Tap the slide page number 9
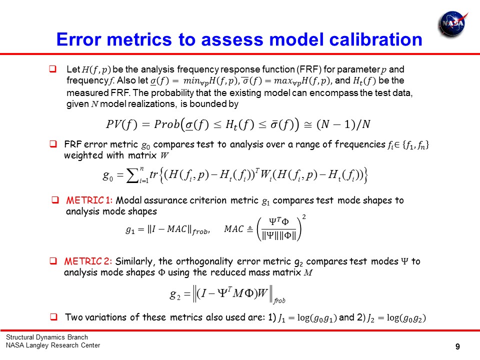point(457,346)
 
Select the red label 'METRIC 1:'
point(89,200)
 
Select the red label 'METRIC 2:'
point(88,261)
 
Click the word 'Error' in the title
point(78,39)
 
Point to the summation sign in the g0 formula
point(132,176)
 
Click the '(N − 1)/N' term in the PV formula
point(343,124)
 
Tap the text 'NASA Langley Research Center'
point(53,345)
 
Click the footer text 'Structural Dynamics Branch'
point(47,337)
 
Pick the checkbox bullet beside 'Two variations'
point(53,316)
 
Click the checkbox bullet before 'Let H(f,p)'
point(52,68)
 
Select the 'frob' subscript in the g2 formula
point(279,300)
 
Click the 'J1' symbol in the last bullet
point(281,318)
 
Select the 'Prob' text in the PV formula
point(167,124)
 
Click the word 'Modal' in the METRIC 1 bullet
point(128,200)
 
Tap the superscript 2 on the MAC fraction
point(304,216)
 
